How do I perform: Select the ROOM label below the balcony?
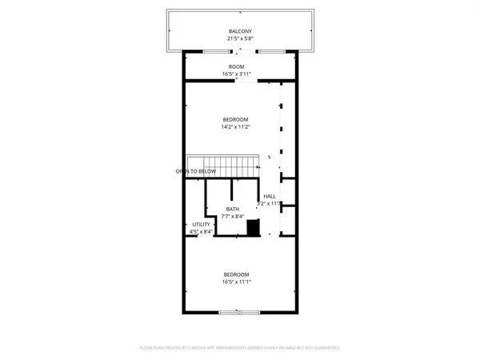[237, 66]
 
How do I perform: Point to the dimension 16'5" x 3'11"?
[237, 74]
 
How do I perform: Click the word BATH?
[232, 209]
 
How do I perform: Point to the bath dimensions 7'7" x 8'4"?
[232, 216]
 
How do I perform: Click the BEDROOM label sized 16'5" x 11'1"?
[237, 274]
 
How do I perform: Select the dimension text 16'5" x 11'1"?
[237, 282]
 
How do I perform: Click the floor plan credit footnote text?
[240, 348]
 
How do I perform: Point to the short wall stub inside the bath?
[232, 190]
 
